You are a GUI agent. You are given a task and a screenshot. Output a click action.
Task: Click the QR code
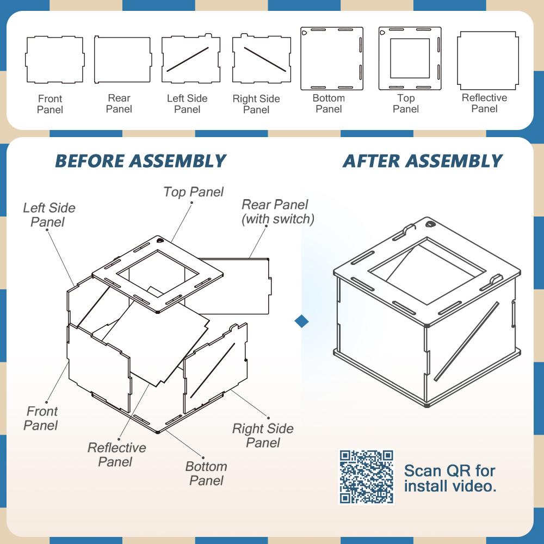pos(366,477)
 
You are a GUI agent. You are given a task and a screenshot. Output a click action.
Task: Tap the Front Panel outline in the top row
pos(54,59)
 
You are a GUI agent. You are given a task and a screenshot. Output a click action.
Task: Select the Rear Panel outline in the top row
pos(122,59)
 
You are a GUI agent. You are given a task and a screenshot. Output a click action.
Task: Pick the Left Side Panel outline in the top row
pos(188,59)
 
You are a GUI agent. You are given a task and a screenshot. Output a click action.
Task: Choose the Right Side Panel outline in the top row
pos(261,60)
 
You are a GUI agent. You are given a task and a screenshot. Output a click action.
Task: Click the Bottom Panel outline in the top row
pos(332,58)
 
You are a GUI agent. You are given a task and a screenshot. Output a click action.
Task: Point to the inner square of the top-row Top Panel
pos(410,58)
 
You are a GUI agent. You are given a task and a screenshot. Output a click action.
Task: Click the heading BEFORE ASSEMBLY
pos(140,161)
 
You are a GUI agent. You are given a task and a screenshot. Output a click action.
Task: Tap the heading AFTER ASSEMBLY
pos(422,161)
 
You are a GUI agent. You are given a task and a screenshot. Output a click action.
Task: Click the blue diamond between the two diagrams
pos(301,321)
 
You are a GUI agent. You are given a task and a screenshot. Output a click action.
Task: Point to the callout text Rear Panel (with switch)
pos(277,212)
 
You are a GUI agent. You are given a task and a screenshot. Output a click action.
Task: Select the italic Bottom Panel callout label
pos(206,473)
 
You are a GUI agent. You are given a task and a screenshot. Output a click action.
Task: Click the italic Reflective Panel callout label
pos(116,455)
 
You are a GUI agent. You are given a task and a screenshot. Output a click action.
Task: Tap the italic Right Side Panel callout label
pos(263,435)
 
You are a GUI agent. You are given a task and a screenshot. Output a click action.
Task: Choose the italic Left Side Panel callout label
pos(49,215)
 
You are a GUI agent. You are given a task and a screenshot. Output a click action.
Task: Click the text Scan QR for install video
pos(450,478)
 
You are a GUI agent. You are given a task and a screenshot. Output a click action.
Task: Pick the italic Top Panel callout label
pos(193,192)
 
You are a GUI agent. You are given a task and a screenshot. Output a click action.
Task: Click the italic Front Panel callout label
pos(41,418)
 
